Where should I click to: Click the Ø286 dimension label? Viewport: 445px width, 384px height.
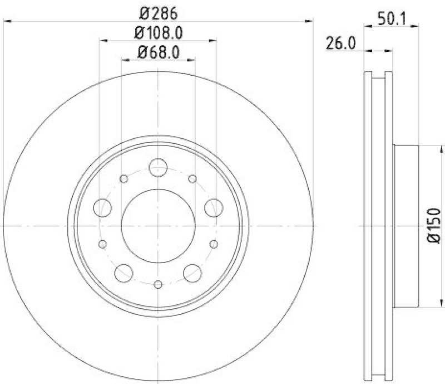click(x=158, y=11)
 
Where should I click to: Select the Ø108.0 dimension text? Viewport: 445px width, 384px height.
click(x=158, y=33)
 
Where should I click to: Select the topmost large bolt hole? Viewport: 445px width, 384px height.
click(x=158, y=166)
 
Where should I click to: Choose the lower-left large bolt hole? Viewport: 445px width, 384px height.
click(x=123, y=273)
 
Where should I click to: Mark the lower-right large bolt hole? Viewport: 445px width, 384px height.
click(x=192, y=273)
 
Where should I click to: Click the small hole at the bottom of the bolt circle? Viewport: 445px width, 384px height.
click(x=158, y=285)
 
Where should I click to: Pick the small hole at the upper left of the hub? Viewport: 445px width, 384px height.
click(x=123, y=178)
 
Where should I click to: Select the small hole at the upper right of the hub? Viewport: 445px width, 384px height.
click(x=192, y=178)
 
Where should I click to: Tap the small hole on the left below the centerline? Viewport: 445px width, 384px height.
click(x=102, y=244)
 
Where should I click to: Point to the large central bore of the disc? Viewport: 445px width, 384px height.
click(x=158, y=225)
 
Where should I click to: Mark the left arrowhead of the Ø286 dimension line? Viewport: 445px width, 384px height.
click(x=7, y=21)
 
